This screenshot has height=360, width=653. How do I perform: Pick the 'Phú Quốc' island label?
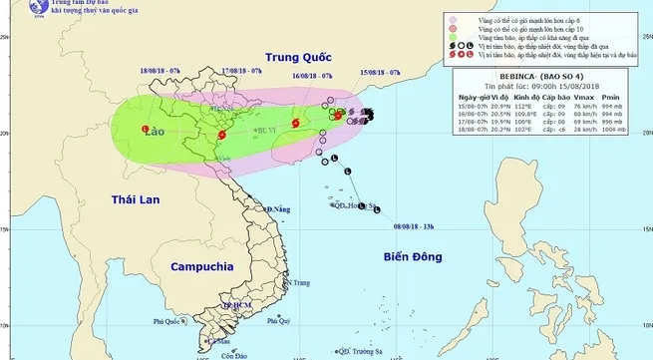coord(170,322)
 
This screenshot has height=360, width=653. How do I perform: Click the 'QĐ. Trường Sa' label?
coord(360,351)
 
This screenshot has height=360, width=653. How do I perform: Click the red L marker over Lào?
coord(146,130)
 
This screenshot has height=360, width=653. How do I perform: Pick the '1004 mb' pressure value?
coord(613,129)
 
